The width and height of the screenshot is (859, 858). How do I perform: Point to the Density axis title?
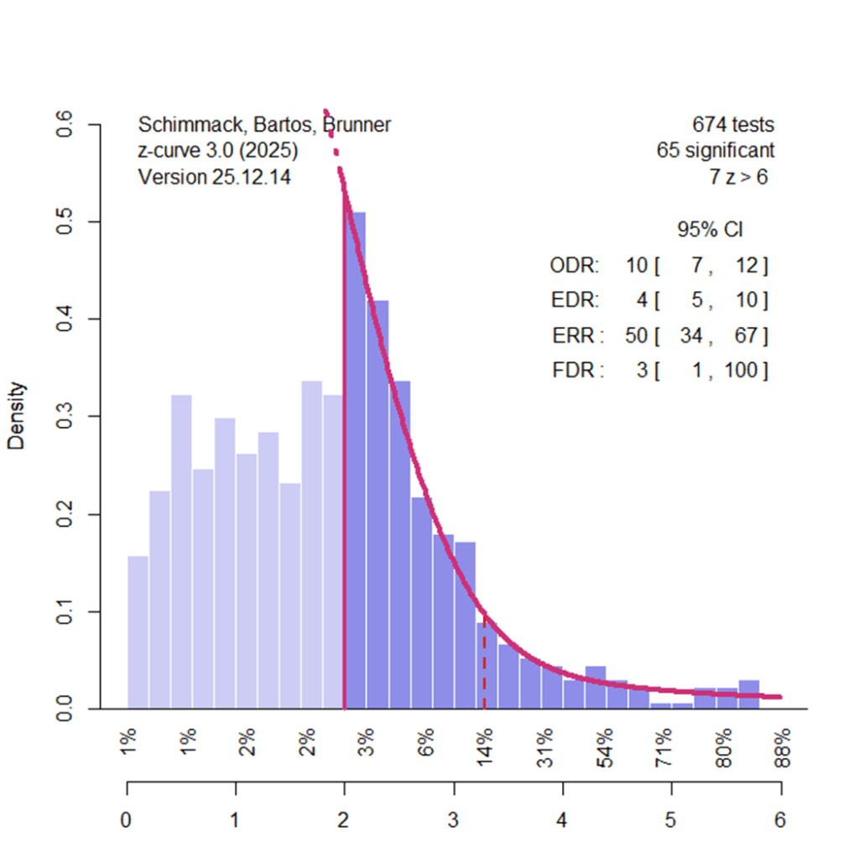coord(17,416)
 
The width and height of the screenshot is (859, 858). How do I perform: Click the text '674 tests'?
coord(732,126)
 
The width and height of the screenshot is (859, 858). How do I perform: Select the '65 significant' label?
coord(715,152)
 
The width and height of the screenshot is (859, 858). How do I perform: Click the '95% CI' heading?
coord(710,230)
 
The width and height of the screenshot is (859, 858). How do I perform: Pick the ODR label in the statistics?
coord(575,267)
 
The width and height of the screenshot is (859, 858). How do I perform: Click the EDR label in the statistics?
coord(575,300)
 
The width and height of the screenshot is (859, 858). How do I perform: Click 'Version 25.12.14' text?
coord(214,177)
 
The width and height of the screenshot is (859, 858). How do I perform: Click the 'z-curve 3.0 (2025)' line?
coord(217,152)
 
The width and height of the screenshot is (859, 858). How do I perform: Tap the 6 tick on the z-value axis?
coord(781,820)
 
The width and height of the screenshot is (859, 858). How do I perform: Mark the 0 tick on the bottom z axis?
coord(127,820)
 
